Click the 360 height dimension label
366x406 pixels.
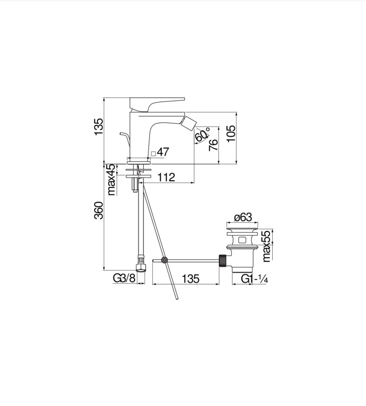(x=99, y=211)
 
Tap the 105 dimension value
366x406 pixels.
(x=231, y=133)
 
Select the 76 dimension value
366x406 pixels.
(x=213, y=145)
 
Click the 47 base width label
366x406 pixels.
(x=163, y=152)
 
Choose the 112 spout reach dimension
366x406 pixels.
(x=166, y=178)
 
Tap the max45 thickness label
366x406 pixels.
(x=111, y=179)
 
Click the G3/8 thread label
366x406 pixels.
(x=124, y=278)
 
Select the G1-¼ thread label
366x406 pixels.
(x=254, y=279)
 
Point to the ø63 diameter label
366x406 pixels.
(x=243, y=217)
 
